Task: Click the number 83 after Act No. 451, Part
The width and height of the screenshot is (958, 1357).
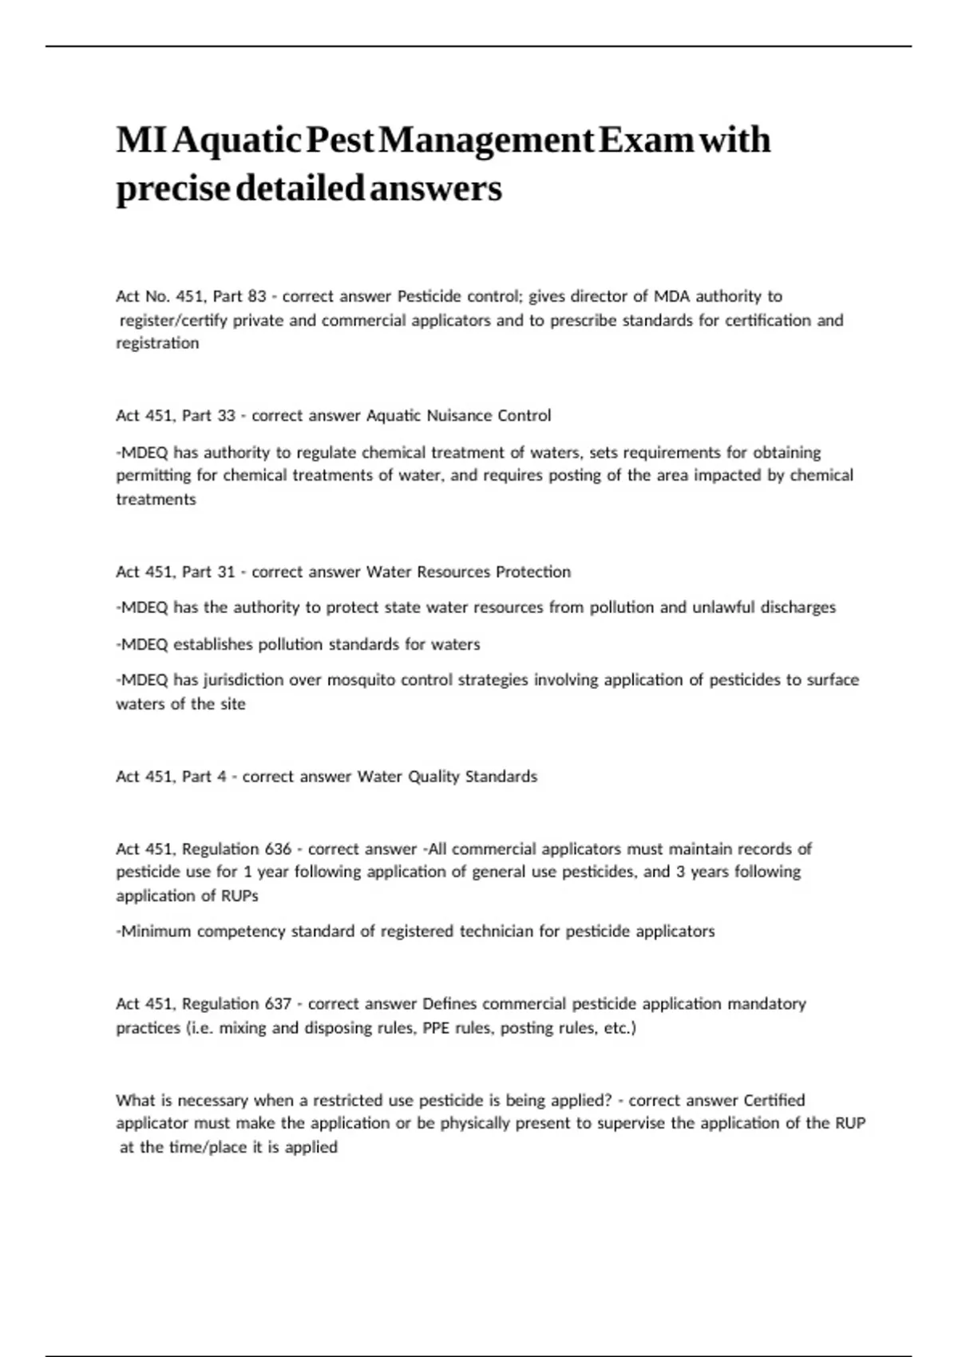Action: [x=256, y=296]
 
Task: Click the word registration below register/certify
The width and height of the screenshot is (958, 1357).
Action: [x=157, y=343]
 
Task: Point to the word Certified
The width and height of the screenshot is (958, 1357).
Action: [x=774, y=1100]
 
